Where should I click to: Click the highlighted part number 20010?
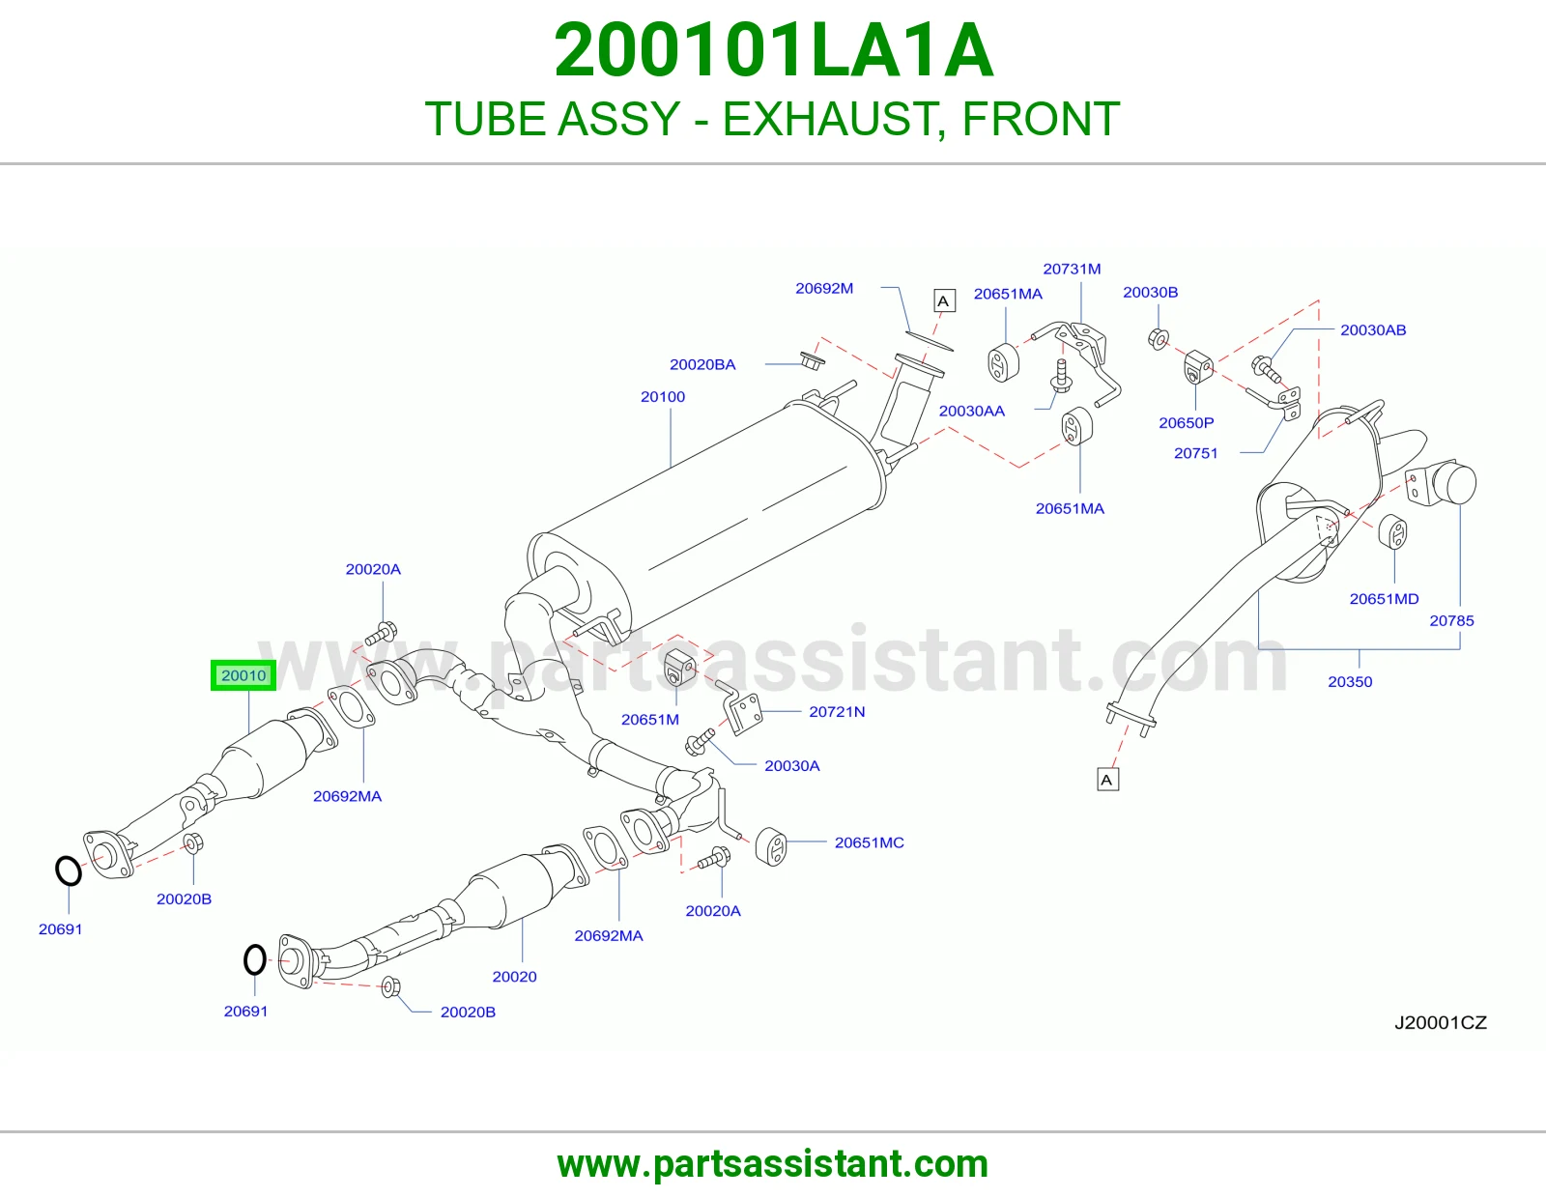click(x=243, y=675)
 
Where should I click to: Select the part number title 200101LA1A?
click(x=773, y=50)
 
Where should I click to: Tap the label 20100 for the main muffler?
click(x=663, y=397)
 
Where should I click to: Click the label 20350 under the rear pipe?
click(x=1350, y=681)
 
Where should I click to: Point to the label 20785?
click(x=1452, y=620)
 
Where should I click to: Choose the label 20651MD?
click(x=1384, y=599)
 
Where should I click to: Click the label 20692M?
click(x=824, y=288)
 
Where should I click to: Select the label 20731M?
click(x=1072, y=269)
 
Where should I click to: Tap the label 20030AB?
click(x=1373, y=330)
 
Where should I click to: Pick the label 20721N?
click(x=837, y=711)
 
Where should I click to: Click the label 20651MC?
click(x=869, y=842)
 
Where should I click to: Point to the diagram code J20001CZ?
click(x=1440, y=1022)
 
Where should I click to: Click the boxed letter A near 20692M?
click(x=944, y=300)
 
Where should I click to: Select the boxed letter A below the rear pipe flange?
click(x=1107, y=780)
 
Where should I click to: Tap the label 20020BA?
click(x=702, y=364)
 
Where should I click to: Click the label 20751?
click(x=1196, y=453)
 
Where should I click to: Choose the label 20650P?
click(x=1186, y=422)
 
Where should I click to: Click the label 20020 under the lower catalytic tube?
click(x=514, y=977)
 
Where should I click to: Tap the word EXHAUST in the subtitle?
click(x=834, y=119)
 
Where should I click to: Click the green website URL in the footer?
click(x=773, y=1164)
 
